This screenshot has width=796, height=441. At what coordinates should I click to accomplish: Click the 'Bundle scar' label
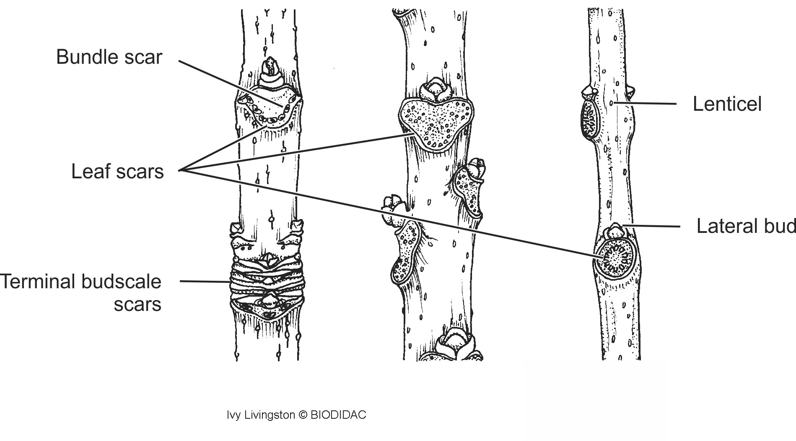pos(109,57)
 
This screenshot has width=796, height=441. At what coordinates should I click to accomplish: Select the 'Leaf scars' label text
pos(117,172)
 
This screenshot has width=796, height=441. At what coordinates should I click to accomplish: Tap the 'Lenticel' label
pos(727,104)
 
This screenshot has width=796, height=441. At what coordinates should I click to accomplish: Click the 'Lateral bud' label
pos(745,226)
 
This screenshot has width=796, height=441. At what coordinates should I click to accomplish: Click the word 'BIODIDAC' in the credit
pos(338,415)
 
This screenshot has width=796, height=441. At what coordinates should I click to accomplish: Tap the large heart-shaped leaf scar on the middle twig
pos(436,122)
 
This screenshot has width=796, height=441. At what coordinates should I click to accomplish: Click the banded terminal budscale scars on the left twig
pos(267,281)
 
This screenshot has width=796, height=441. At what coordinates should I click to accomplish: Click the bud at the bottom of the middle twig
pos(454,343)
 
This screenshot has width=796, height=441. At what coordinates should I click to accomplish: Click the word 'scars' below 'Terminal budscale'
pos(137,304)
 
